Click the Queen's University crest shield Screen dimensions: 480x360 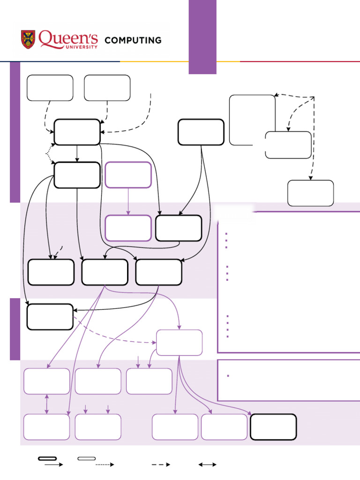tap(28, 40)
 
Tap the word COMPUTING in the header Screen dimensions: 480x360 tap(133, 40)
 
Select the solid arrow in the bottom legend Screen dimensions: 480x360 tap(53, 465)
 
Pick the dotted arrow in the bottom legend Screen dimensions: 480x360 tap(105, 465)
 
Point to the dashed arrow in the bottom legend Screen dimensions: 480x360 tap(160, 465)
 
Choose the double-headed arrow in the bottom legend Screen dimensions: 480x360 tap(207, 465)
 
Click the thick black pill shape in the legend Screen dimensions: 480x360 tap(47, 458)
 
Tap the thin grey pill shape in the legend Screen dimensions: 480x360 tap(87, 458)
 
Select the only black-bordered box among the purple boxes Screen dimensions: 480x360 tap(273, 427)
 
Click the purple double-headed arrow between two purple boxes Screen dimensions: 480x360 tap(46, 404)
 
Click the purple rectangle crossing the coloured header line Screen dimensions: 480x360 tap(202, 37)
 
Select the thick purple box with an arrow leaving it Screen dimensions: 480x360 tap(128, 175)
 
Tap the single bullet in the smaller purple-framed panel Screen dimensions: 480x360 tap(227, 376)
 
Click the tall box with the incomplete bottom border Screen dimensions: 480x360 tap(252, 120)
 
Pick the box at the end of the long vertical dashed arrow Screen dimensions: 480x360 tap(310, 193)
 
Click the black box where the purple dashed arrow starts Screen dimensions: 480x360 tap(50, 317)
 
